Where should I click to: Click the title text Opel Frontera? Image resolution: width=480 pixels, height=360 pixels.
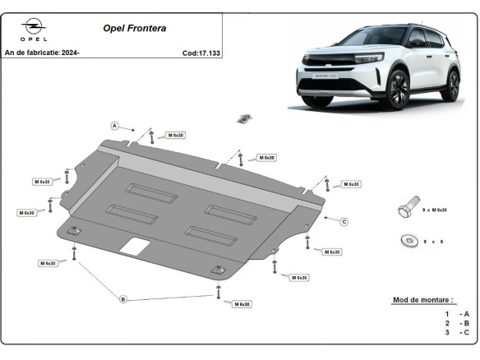click(x=134, y=28)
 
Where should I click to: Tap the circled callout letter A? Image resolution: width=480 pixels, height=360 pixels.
click(x=115, y=126)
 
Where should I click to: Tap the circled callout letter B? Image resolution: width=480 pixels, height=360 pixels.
click(x=123, y=298)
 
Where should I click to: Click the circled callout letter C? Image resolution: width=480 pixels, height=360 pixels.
click(x=344, y=221)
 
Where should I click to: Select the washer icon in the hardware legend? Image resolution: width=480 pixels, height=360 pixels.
click(x=407, y=241)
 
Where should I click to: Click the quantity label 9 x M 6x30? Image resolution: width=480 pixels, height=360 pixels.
click(x=434, y=210)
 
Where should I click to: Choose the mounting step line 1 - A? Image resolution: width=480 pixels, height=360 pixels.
click(x=457, y=314)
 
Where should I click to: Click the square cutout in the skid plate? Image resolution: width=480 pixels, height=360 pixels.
click(x=134, y=245)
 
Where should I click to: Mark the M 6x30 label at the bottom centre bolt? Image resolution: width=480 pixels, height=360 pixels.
click(x=241, y=304)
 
